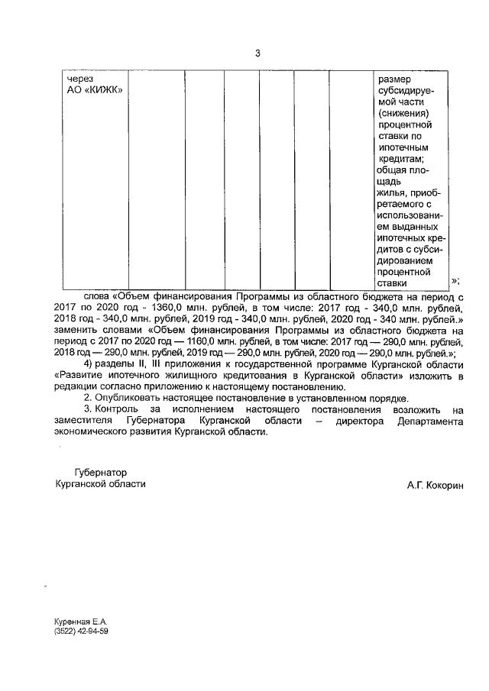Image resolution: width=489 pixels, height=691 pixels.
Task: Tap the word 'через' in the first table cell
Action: click(79, 78)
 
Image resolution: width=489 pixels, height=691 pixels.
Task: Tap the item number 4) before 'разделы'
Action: click(90, 364)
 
